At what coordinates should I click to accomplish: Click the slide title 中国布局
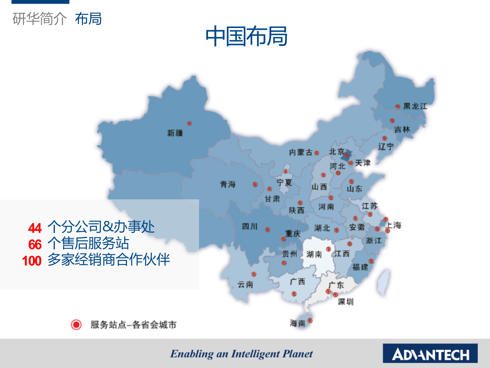[246, 36]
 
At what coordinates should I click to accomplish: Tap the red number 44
[35, 228]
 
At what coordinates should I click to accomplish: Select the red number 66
[35, 244]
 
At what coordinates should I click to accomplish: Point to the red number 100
[32, 261]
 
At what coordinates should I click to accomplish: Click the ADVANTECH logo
[430, 353]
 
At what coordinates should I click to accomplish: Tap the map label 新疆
[175, 133]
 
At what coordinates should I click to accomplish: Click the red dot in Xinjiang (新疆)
[189, 123]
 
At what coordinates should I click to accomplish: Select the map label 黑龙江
[415, 106]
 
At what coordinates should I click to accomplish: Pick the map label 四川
[250, 226]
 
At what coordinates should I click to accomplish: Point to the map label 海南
[298, 323]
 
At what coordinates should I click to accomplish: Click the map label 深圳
[346, 302]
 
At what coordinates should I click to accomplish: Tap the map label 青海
[228, 184]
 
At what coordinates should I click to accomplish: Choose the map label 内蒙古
[301, 153]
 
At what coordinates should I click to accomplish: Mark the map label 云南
[245, 284]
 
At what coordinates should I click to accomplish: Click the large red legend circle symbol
[76, 325]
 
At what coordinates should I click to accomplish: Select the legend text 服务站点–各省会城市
[133, 325]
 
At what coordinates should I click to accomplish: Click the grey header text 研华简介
[40, 19]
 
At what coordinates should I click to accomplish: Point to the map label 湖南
[314, 254]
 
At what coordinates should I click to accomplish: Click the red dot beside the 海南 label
[310, 320]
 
